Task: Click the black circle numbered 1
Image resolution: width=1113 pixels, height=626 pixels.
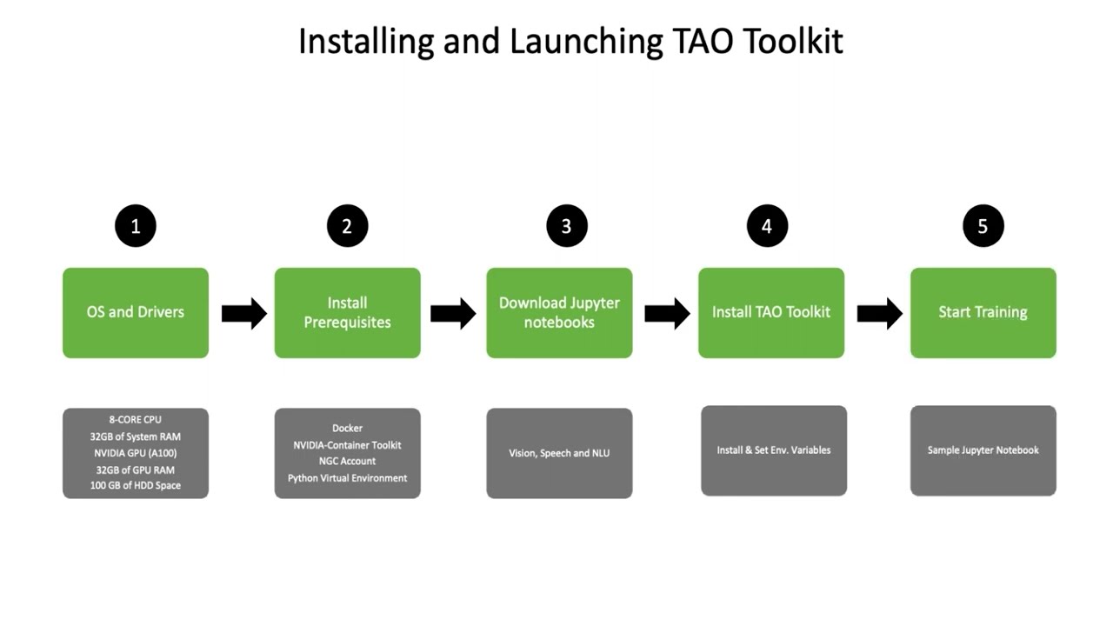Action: coord(136,226)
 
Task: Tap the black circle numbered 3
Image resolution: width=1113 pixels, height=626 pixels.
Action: coord(566,226)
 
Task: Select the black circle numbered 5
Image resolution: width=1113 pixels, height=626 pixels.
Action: coord(983,226)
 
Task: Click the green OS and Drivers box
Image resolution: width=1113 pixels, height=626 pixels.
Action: coord(136,312)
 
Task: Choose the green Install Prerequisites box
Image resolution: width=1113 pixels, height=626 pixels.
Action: coord(347,312)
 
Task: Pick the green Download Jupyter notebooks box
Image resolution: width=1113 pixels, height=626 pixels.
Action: coord(559,312)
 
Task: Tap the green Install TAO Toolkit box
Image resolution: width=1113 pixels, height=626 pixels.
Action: coord(771,312)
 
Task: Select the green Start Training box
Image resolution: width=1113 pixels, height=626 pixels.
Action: coord(983,312)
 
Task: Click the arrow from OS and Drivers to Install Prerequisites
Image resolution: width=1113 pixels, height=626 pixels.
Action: coord(243,313)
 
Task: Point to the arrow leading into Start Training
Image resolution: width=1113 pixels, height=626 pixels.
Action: coord(879,313)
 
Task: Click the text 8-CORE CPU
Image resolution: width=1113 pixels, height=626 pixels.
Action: coord(136,420)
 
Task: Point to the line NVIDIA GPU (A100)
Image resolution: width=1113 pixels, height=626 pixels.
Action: coord(136,453)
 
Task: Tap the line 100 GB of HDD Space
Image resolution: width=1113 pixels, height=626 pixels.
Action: coord(136,485)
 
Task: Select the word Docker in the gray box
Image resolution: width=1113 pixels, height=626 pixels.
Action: coord(347,428)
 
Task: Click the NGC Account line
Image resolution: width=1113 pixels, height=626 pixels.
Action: coord(347,461)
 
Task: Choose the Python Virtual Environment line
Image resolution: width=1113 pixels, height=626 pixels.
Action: coord(347,477)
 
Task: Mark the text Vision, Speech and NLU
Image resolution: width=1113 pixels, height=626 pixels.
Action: coord(559,453)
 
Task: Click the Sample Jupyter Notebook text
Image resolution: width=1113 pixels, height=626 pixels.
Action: coord(983,450)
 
